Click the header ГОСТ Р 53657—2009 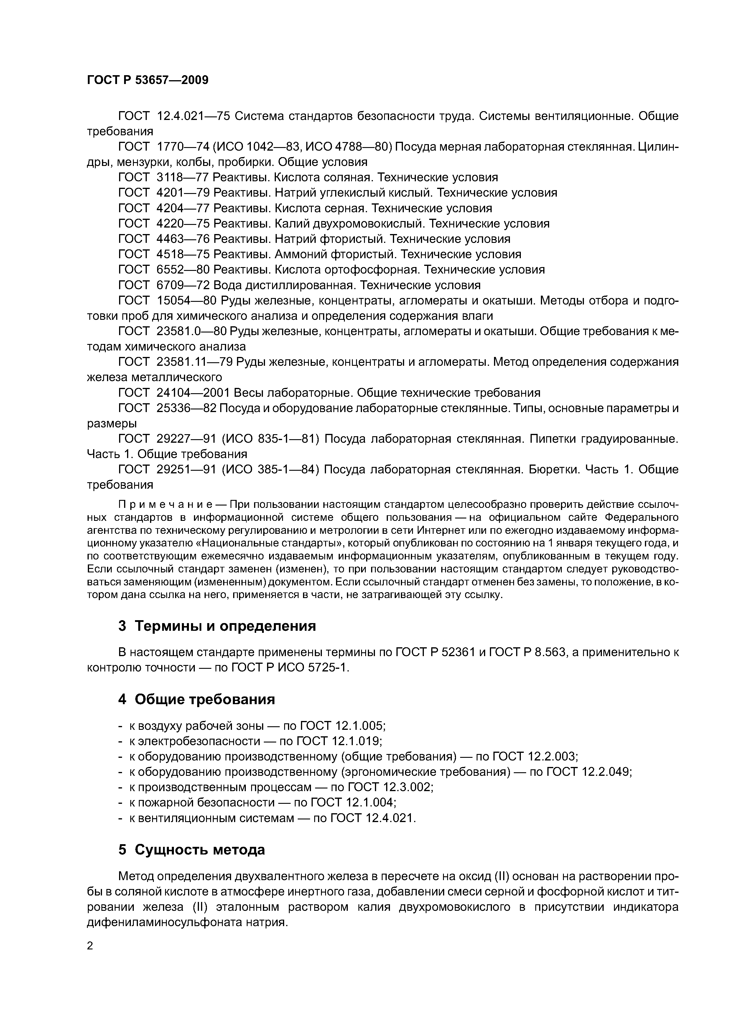tap(147, 80)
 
